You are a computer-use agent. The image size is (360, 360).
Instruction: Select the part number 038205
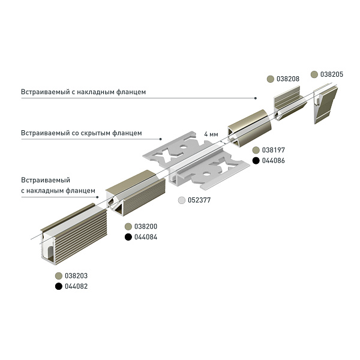point(332,74)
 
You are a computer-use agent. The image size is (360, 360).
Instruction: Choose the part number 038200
point(145,226)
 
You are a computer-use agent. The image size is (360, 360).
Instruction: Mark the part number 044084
point(145,238)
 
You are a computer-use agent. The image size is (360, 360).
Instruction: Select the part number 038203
point(76,275)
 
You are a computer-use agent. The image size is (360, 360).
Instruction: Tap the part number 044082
point(76,287)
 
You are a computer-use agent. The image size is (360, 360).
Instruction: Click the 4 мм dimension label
point(211,133)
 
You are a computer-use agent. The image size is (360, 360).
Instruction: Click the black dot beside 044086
point(256,161)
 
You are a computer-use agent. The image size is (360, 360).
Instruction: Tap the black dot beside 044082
point(59,287)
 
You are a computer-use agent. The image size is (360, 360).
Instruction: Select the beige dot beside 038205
point(314,74)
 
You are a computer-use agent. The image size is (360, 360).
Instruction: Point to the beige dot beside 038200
point(128,226)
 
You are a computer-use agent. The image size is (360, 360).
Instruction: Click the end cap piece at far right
point(325,104)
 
